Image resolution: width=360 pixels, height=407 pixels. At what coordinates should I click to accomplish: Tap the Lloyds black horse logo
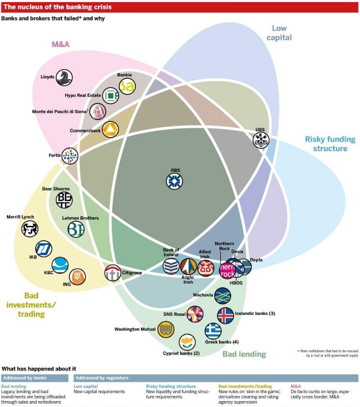[x=64, y=77]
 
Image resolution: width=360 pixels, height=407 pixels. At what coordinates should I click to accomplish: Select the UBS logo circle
[x=261, y=140]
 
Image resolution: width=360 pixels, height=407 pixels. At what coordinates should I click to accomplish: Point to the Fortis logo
[x=70, y=156]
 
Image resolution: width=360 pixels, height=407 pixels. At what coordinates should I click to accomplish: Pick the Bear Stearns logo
[x=64, y=199]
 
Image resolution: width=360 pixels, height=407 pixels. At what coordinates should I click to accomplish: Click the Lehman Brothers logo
[x=76, y=229]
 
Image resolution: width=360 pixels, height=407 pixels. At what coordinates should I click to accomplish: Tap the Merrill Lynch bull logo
[x=30, y=228]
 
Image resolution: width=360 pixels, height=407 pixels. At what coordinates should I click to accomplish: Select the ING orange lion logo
[x=77, y=277]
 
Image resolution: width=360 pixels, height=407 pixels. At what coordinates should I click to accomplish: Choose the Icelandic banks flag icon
[x=225, y=315]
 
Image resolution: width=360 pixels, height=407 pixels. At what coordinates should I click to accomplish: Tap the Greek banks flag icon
[x=213, y=331]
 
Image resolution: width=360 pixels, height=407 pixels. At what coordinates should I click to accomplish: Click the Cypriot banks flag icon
[x=187, y=342]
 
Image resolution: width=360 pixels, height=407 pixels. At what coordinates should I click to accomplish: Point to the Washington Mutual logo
[x=166, y=329]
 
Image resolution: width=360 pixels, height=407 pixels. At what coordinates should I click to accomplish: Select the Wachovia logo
[x=223, y=295]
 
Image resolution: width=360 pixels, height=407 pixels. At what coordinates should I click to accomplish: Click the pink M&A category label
[x=61, y=45]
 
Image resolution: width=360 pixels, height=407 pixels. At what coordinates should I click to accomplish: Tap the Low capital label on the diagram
[x=280, y=33]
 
